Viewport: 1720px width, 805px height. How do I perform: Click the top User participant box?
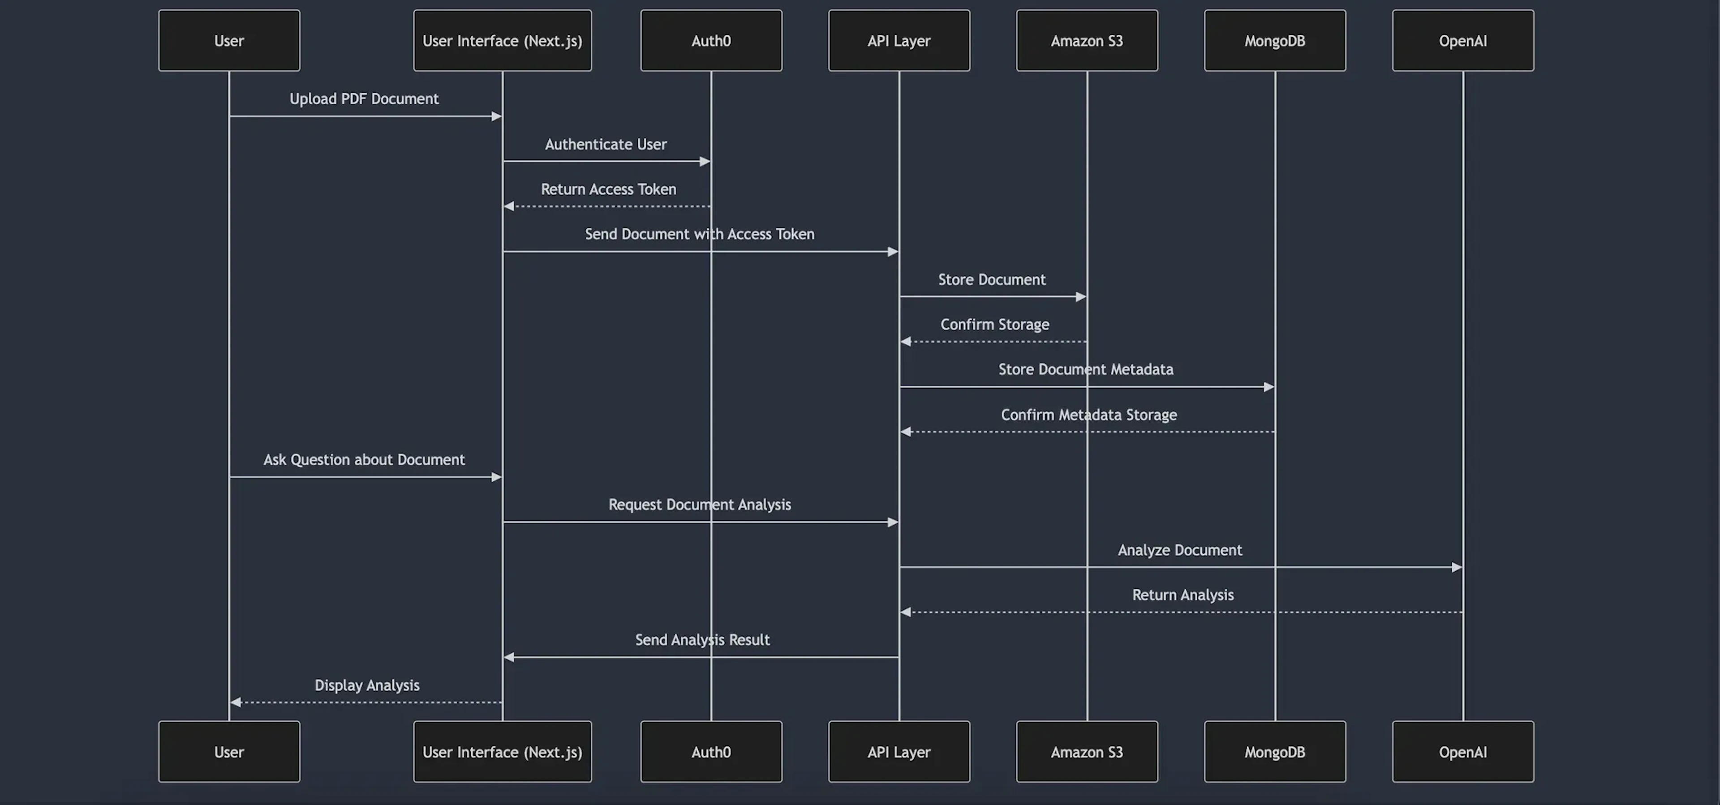coord(229,41)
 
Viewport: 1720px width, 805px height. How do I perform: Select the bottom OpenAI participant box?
coord(1462,752)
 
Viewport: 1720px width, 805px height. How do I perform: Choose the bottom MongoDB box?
coord(1275,752)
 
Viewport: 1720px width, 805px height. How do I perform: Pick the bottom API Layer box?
coord(899,752)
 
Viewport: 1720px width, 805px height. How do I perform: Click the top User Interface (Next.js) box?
coord(502,41)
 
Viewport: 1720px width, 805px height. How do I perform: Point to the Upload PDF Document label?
coord(364,99)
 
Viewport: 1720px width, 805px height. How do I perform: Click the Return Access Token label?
coord(608,189)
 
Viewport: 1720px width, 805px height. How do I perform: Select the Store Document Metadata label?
coord(1086,369)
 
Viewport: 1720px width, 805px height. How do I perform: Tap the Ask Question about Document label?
coord(364,460)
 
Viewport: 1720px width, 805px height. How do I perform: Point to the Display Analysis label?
coord(367,685)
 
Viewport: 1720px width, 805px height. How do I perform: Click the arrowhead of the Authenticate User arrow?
coord(705,162)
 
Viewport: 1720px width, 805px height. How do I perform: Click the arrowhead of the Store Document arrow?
coord(1080,297)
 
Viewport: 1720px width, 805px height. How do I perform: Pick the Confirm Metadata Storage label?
coord(1088,415)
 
